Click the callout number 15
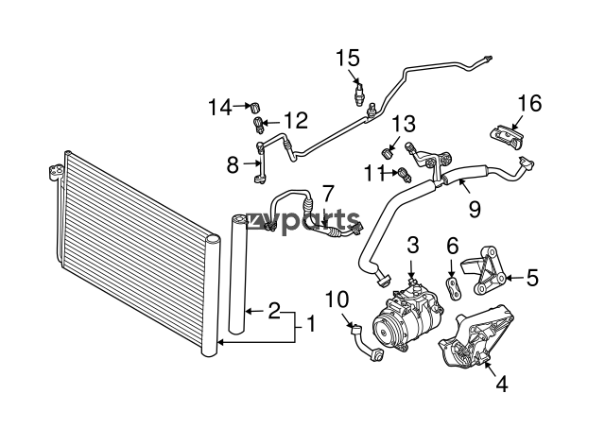pyautogui.click(x=348, y=59)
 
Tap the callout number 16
pyautogui.click(x=529, y=103)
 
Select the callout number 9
pyautogui.click(x=475, y=210)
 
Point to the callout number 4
pyautogui.click(x=502, y=384)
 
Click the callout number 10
pyautogui.click(x=337, y=300)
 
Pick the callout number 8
pyautogui.click(x=233, y=165)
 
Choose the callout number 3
pyautogui.click(x=413, y=246)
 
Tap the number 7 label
pyautogui.click(x=327, y=194)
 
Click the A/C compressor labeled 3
pyautogui.click(x=407, y=320)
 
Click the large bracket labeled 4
pyautogui.click(x=476, y=335)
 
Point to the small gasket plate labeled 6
pyautogui.click(x=454, y=288)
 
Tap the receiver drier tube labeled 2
pyautogui.click(x=238, y=275)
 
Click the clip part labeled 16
pyautogui.click(x=507, y=137)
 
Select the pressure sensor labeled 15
pyautogui.click(x=359, y=94)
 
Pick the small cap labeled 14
pyautogui.click(x=256, y=107)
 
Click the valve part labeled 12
pyautogui.click(x=258, y=126)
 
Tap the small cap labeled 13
pyautogui.click(x=387, y=153)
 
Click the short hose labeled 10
pyautogui.click(x=366, y=343)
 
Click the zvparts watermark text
pyautogui.click(x=302, y=220)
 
